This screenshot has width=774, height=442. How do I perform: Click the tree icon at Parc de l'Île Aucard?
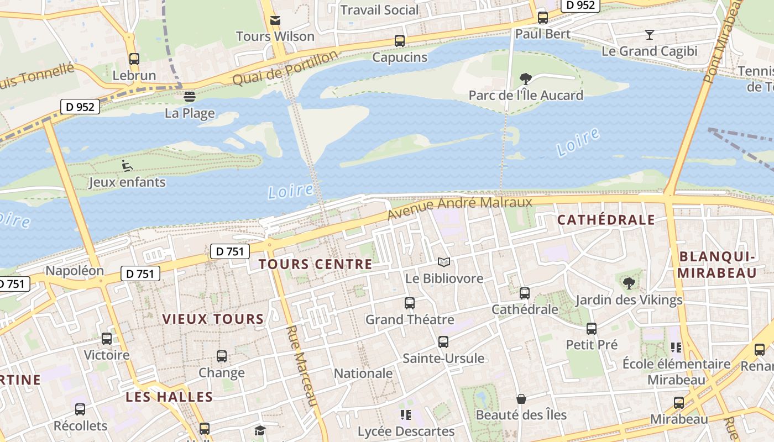pyautogui.click(x=526, y=79)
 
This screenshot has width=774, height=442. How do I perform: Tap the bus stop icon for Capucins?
pyautogui.click(x=400, y=41)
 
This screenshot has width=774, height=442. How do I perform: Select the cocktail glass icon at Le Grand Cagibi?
pyautogui.click(x=650, y=35)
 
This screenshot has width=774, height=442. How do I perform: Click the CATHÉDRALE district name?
pyautogui.click(x=606, y=220)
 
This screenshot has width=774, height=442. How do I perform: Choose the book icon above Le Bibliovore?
pyautogui.click(x=444, y=262)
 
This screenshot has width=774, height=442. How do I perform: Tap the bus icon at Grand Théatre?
pyautogui.click(x=410, y=303)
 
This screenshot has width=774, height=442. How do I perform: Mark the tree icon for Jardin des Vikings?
pyautogui.click(x=629, y=283)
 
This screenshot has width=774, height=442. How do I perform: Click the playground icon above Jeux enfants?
pyautogui.click(x=127, y=165)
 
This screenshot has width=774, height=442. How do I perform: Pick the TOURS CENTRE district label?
pyautogui.click(x=316, y=264)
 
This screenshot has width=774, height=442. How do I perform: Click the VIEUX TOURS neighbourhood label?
pyautogui.click(x=213, y=319)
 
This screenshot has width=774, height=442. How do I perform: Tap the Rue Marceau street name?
pyautogui.click(x=302, y=365)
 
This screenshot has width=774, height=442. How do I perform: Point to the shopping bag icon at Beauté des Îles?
pyautogui.click(x=521, y=398)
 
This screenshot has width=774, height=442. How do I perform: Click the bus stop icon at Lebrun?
pyautogui.click(x=134, y=59)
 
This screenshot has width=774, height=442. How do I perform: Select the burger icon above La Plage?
pyautogui.click(x=190, y=97)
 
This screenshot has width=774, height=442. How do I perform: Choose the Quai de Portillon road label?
pyautogui.click(x=285, y=68)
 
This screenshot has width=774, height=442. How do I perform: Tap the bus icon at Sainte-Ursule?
pyautogui.click(x=443, y=342)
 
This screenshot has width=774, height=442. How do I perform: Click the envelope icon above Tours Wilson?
pyautogui.click(x=275, y=20)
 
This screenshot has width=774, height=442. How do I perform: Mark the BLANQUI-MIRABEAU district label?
pyautogui.click(x=717, y=265)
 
